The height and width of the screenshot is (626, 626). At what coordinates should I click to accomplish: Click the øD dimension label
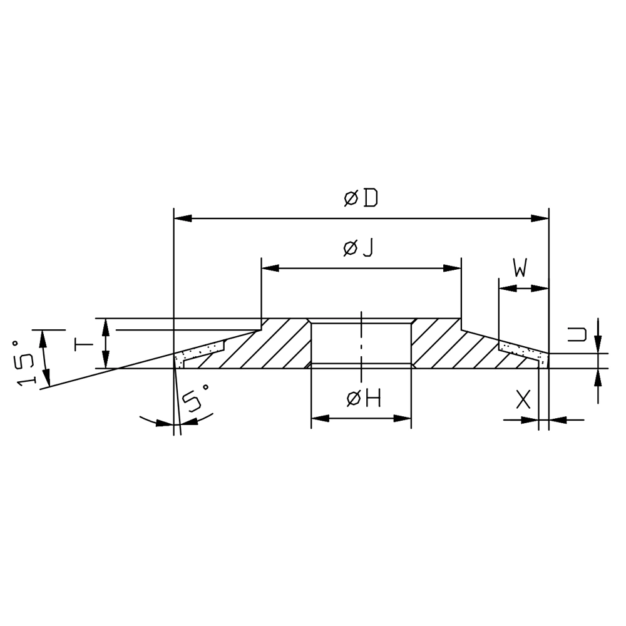tap(361, 198)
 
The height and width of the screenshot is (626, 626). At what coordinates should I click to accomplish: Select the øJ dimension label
tap(358, 249)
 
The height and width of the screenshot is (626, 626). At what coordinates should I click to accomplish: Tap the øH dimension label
tap(364, 398)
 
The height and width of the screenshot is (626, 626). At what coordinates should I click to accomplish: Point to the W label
tap(521, 267)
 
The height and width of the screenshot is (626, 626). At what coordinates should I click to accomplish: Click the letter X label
tap(523, 399)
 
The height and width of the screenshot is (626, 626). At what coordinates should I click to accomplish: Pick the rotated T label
tap(83, 343)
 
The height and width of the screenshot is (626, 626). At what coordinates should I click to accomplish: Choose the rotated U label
tap(577, 334)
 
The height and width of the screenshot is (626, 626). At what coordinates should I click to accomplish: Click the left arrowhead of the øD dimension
tap(183, 218)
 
